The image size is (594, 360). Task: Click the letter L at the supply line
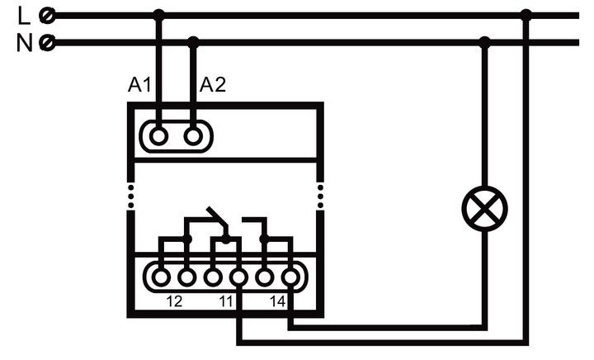pyautogui.click(x=23, y=15)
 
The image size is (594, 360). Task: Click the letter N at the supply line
pyautogui.click(x=23, y=42)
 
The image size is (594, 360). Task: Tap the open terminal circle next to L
pyautogui.click(x=49, y=15)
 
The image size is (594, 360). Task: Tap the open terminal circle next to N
pyautogui.click(x=49, y=42)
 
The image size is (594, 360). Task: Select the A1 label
pyautogui.click(x=139, y=84)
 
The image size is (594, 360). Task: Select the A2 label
pyautogui.click(x=213, y=84)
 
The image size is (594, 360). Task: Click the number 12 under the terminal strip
pyautogui.click(x=174, y=302)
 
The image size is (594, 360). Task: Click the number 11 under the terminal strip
pyautogui.click(x=225, y=302)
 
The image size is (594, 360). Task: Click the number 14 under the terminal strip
pyautogui.click(x=277, y=302)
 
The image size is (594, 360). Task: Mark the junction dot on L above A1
pyautogui.click(x=159, y=15)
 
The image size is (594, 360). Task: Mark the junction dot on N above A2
pyautogui.click(x=193, y=41)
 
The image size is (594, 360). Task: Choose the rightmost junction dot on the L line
pyautogui.click(x=526, y=15)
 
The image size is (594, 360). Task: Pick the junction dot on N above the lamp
pyautogui.click(x=484, y=41)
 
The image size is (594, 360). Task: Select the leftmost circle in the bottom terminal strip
pyautogui.click(x=161, y=276)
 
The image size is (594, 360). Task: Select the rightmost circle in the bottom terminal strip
pyautogui.click(x=290, y=276)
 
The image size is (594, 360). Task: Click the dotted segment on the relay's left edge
pyautogui.click(x=130, y=197)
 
